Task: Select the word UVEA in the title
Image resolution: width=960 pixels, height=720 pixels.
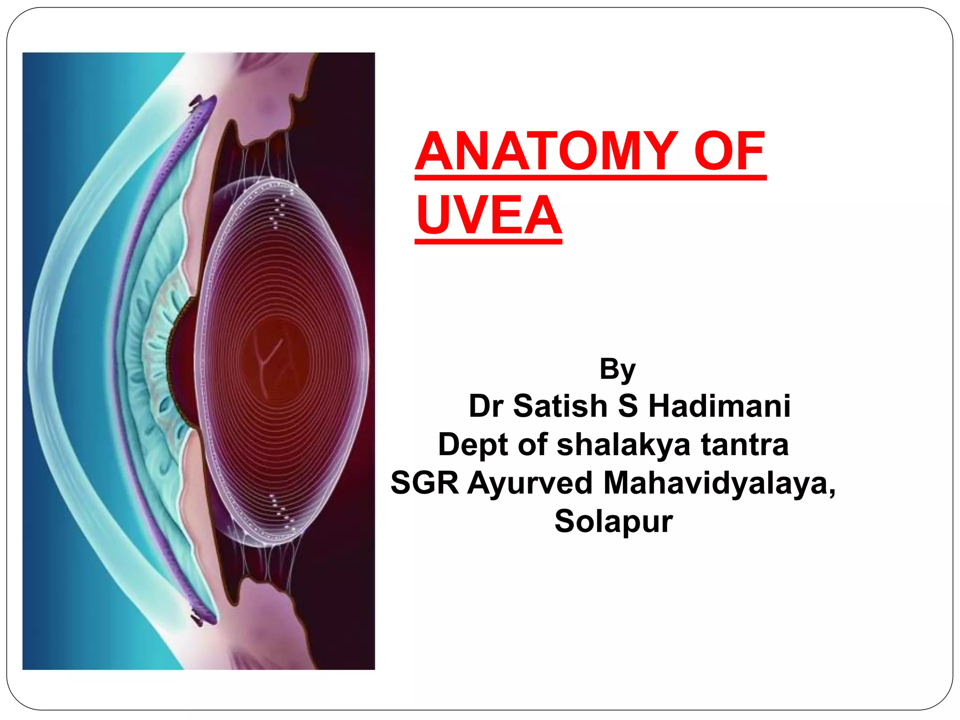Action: pyautogui.click(x=488, y=215)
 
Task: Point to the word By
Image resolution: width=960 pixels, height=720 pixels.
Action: pyautogui.click(x=617, y=370)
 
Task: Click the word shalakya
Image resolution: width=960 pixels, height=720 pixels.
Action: pyautogui.click(x=623, y=444)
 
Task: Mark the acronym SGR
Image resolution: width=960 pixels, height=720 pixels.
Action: pyautogui.click(x=425, y=483)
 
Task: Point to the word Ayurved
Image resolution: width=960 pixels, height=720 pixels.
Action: pyautogui.click(x=530, y=483)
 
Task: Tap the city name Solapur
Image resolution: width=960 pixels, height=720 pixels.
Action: pyautogui.click(x=614, y=521)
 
